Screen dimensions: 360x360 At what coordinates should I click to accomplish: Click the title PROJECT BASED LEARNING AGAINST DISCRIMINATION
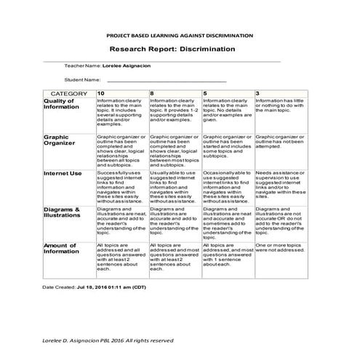pyautogui.click(x=180, y=35)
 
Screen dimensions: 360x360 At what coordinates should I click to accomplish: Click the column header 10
pyautogui.click(x=101, y=94)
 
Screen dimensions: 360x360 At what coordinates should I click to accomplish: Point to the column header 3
pyautogui.click(x=257, y=94)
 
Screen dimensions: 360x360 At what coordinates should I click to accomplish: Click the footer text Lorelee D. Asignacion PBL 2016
pyautogui.click(x=108, y=340)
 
